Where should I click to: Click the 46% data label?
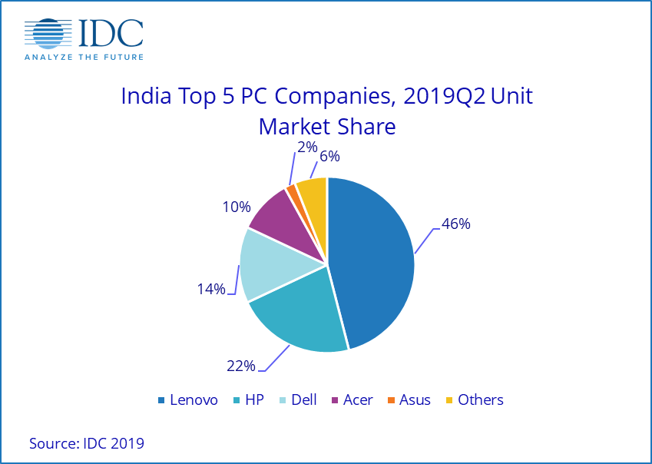(455, 224)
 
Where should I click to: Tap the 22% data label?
(240, 366)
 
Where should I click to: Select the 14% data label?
(210, 289)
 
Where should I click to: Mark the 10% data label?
(237, 207)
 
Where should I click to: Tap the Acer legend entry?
(351, 399)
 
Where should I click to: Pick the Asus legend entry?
(409, 399)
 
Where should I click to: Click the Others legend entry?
(475, 399)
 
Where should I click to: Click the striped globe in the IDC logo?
(51, 32)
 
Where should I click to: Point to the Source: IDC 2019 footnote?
(87, 443)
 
